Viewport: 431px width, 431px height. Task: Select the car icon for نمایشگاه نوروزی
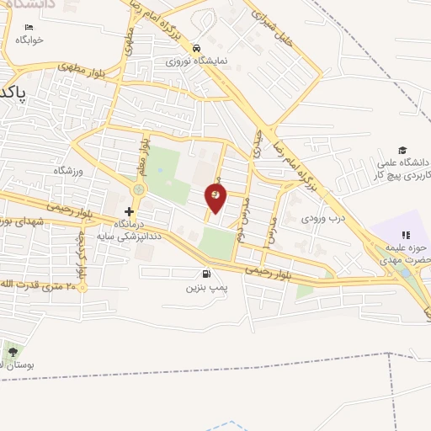pos(196,48)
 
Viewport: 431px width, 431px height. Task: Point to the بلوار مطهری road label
pos(80,66)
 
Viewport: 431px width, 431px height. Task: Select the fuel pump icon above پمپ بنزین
pos(207,274)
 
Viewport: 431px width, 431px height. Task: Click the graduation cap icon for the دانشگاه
pos(402,150)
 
